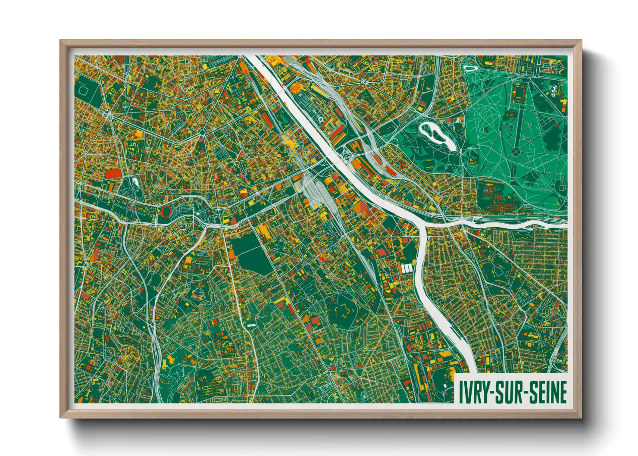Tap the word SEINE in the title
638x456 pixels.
tap(547, 392)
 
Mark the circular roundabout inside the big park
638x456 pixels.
tap(516, 151)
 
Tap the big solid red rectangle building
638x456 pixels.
tap(114, 173)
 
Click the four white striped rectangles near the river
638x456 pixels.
tap(407, 268)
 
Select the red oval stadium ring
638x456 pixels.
tap(166, 211)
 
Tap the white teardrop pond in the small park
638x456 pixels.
tap(135, 183)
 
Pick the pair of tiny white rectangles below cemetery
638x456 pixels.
tap(251, 324)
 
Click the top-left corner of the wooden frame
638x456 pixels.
tap(61, 41)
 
